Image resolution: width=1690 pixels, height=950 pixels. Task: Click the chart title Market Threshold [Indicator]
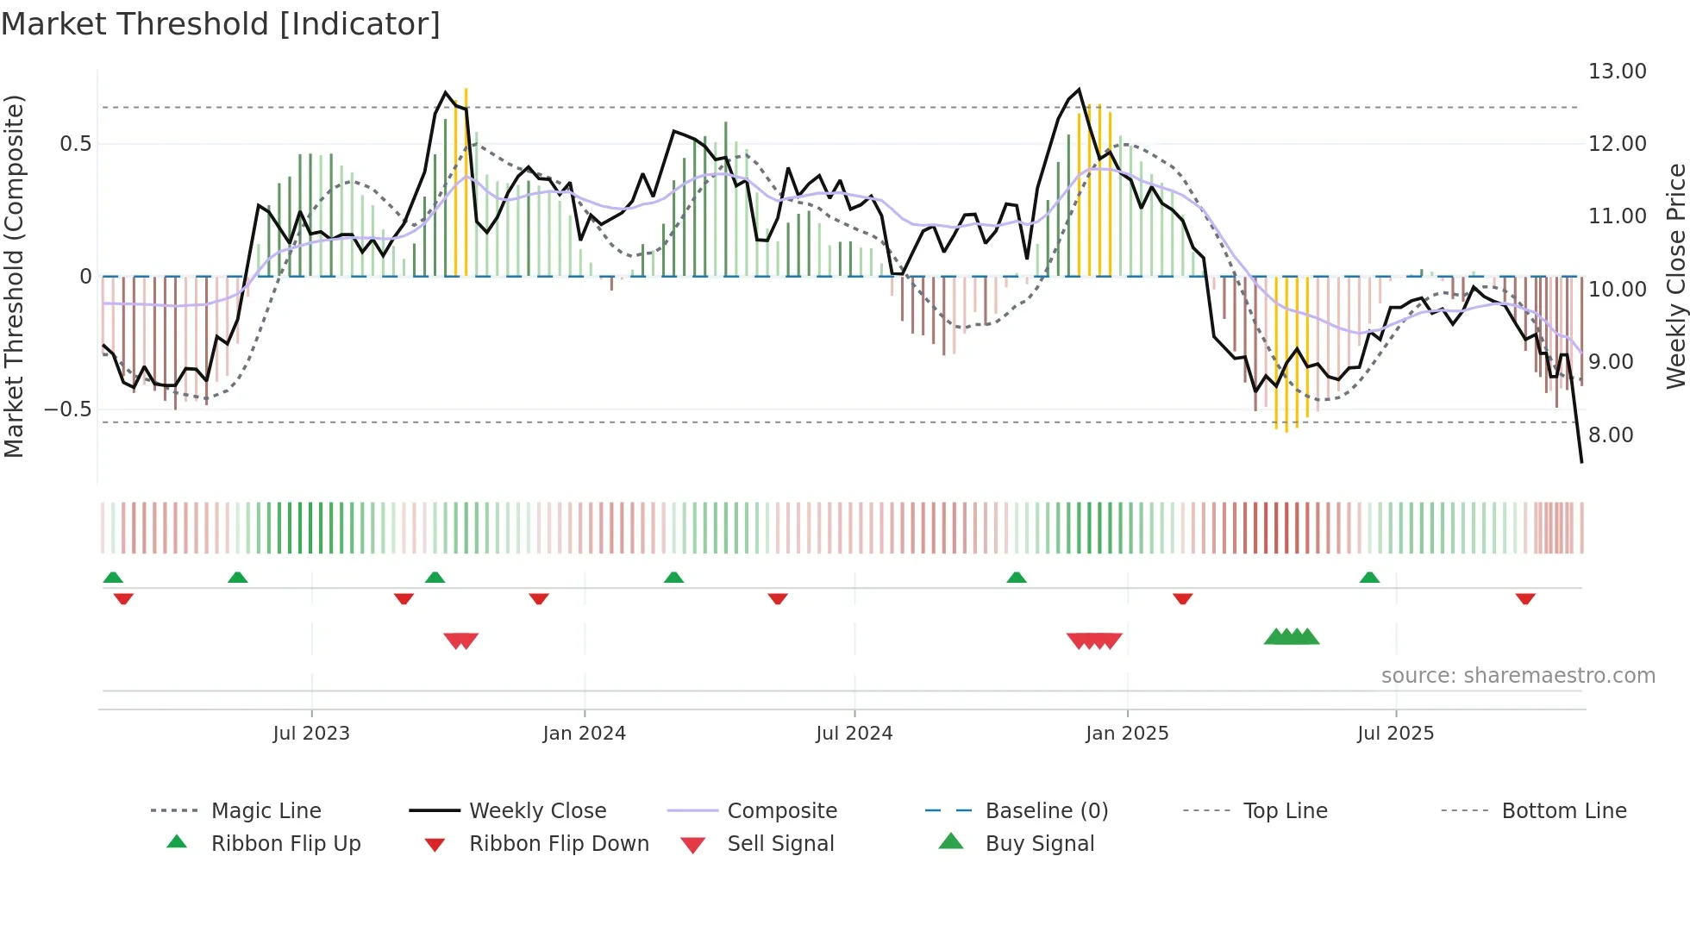point(221,24)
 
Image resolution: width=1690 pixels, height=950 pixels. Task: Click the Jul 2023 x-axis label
point(311,734)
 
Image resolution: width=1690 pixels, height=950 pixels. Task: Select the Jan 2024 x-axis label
point(584,734)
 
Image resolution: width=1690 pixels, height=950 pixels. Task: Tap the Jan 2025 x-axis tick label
point(1127,734)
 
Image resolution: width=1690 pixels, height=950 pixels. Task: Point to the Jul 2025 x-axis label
point(1395,734)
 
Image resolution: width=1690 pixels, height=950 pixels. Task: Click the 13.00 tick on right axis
point(1617,72)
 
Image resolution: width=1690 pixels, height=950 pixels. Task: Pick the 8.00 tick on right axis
point(1611,435)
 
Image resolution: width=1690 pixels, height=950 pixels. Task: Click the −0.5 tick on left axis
point(68,409)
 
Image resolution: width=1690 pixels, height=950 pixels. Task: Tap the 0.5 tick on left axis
point(76,144)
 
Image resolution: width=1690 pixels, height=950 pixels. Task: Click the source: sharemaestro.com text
point(1518,676)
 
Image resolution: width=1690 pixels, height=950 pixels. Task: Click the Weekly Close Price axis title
point(1675,276)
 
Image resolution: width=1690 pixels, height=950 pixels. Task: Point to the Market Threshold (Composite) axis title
point(14,276)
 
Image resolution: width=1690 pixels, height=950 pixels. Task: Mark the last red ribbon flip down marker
point(1525,598)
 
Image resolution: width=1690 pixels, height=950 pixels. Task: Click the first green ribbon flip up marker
point(113,578)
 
